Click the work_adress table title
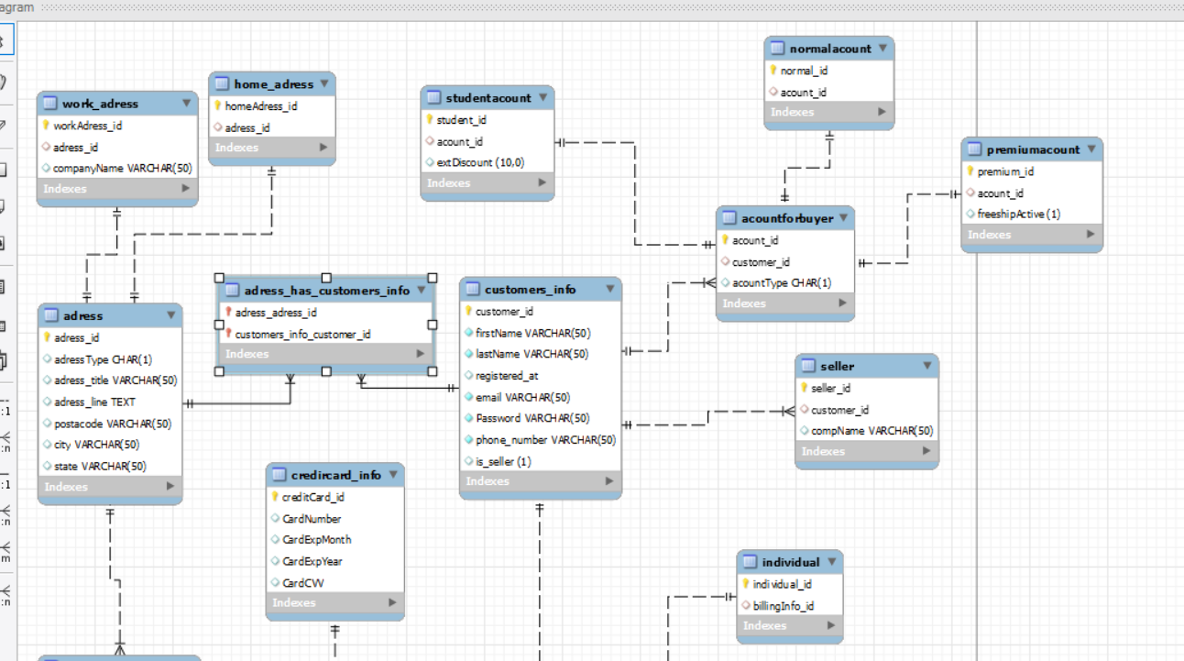pos(100,104)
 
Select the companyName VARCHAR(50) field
pos(122,169)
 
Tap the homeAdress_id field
pos(260,106)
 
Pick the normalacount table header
pos(829,49)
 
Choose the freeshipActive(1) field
pos(1018,215)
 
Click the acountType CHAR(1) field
pos(781,283)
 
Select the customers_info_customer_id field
pos(302,335)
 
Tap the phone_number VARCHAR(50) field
pos(545,440)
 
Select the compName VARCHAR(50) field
pos(872,431)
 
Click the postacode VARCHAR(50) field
pos(113,424)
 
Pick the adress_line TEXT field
pos(94,402)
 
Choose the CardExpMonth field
pos(316,540)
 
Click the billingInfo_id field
pos(783,606)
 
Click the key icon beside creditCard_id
pos(275,497)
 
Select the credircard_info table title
pos(335,475)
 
